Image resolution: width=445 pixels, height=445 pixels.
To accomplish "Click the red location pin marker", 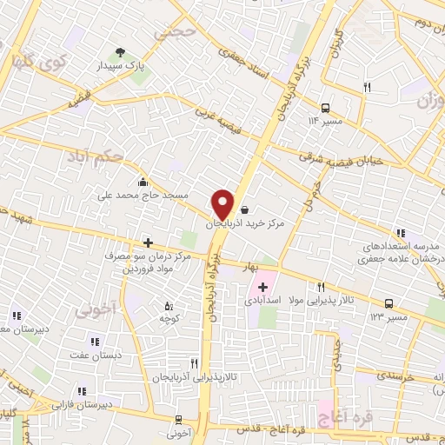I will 223,203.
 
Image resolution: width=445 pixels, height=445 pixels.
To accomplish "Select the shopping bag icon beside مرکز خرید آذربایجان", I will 244,209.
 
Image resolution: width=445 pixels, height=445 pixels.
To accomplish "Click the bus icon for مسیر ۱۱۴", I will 325,108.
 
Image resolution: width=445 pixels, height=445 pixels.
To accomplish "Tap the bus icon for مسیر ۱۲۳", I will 388,303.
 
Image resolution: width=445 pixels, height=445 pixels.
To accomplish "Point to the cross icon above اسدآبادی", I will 262,286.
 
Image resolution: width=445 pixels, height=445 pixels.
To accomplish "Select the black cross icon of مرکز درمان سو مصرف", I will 148,242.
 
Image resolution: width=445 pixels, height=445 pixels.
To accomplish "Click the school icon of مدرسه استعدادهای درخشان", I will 400,233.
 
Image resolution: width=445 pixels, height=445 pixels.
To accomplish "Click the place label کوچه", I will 169,319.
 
